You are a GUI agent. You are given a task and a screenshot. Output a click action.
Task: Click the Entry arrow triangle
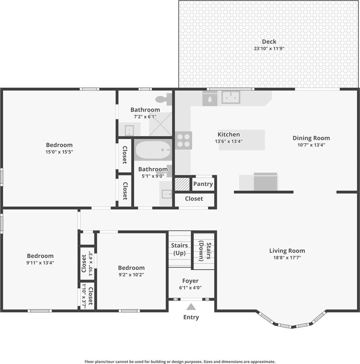pos(191,307)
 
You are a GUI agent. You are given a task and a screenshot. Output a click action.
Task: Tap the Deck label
pos(269,42)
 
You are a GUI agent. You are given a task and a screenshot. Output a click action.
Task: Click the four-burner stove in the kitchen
pos(184,140)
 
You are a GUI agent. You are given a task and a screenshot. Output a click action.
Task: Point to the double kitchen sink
pos(231,97)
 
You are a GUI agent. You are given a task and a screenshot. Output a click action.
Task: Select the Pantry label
pos(203,184)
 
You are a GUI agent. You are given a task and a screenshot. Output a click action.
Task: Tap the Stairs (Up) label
pos(179,249)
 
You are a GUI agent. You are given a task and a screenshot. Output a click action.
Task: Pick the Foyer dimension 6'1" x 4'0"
pos(190,288)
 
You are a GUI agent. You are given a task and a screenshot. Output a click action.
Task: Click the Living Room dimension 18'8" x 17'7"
pos(287,258)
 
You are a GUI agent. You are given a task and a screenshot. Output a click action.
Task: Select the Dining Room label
pos(311,138)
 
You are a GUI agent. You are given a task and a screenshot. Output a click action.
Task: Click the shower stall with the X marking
pos(160,124)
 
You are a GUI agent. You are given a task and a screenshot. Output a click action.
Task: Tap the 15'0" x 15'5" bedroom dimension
pos(59,152)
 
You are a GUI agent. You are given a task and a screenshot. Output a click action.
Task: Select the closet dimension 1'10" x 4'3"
pos(91,261)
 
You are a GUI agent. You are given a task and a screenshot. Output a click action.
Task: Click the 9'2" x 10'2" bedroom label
pos(131,268)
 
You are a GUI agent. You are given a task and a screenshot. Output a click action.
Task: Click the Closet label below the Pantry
pos(194,199)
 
